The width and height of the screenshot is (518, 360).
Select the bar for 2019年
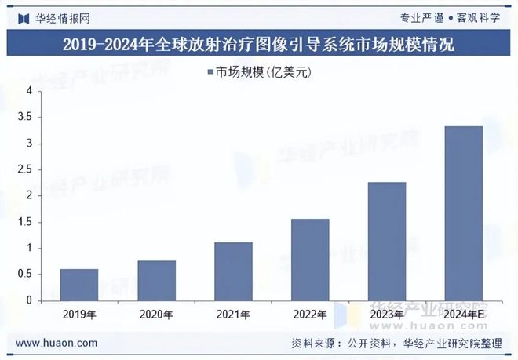(x=79, y=285)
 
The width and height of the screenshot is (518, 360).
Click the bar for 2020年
(x=156, y=280)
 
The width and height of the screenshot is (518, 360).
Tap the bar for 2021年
(x=233, y=271)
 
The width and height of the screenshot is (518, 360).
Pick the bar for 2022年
(x=310, y=260)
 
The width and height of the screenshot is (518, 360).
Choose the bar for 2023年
(x=387, y=241)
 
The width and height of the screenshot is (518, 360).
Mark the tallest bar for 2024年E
(x=463, y=213)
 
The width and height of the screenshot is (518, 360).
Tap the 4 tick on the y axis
(x=29, y=92)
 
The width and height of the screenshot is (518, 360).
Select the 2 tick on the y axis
(x=29, y=196)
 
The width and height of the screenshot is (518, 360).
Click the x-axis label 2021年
(x=233, y=315)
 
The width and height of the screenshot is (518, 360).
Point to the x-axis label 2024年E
(x=463, y=315)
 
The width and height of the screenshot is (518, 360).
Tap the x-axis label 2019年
(x=79, y=315)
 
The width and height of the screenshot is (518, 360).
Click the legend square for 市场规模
(x=211, y=72)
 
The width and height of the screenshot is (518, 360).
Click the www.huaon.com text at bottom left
(x=57, y=344)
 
